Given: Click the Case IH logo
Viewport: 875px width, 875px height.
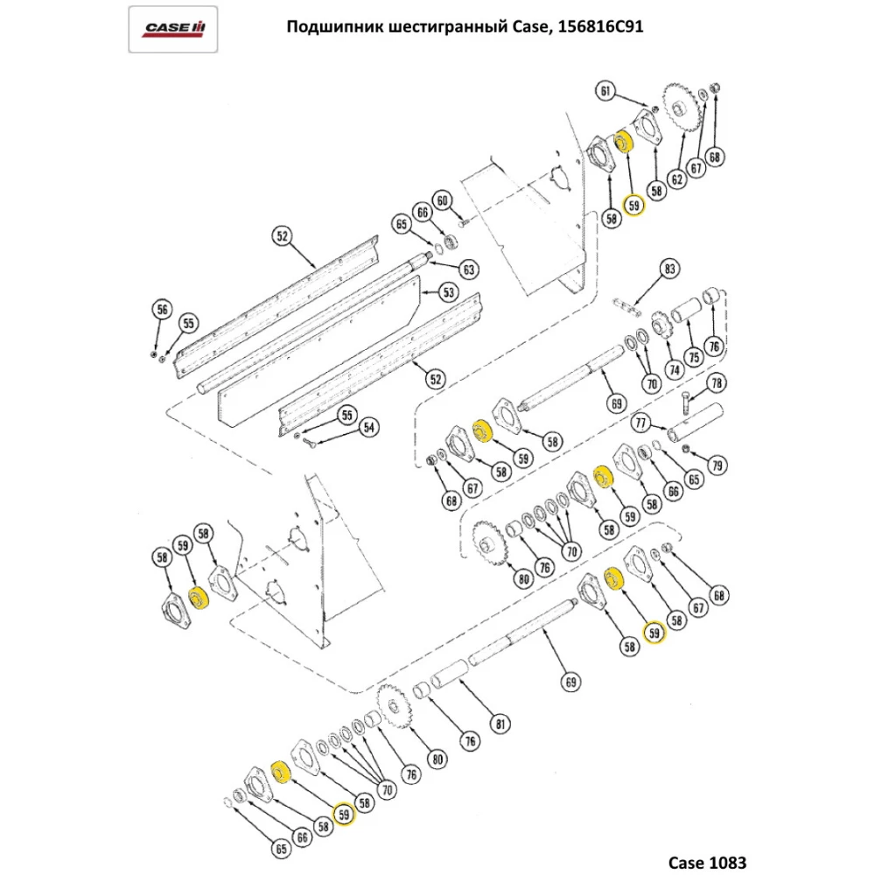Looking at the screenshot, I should (174, 30).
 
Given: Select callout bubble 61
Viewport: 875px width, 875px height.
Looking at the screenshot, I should (606, 90).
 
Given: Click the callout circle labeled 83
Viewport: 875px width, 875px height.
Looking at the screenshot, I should (669, 269).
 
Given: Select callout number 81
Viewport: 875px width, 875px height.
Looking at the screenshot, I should (500, 723).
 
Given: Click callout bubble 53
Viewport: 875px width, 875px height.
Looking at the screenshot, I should (448, 290).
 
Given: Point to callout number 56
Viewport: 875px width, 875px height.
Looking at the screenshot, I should (161, 309).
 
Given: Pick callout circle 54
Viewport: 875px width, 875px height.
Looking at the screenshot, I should (369, 427).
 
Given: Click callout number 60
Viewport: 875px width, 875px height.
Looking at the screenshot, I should (444, 201).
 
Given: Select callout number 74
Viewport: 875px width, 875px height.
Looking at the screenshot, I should (673, 370).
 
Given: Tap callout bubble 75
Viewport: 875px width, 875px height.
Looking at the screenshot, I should (693, 357).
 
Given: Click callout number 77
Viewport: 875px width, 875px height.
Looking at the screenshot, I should (641, 423).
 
